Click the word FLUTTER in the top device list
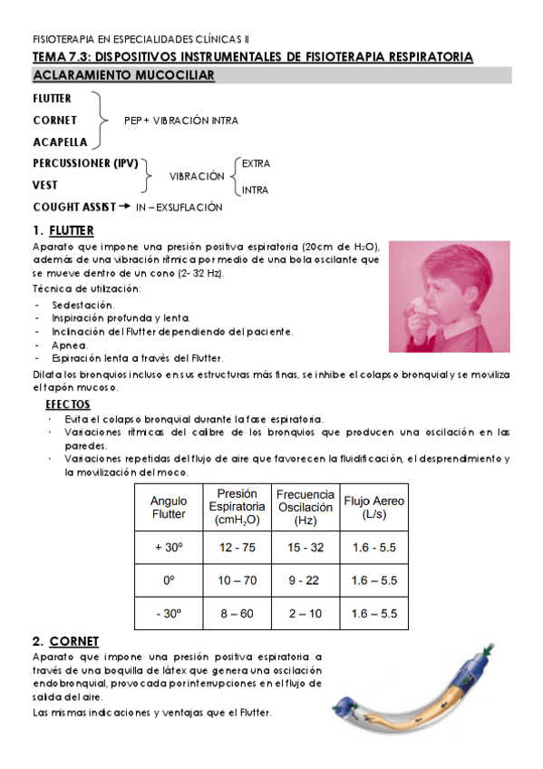pos(52,98)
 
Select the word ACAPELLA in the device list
pos(60,142)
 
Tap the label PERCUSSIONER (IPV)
pos(85,164)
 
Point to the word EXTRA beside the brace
pos(256,164)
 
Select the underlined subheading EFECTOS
pos(67,404)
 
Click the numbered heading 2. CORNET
pos(65,640)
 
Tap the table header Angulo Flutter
pos(169,507)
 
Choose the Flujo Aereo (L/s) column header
pos(374,507)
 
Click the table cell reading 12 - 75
pos(237,548)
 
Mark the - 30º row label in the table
pos(169,614)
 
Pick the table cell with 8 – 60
pos(237,614)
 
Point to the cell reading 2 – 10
pos(305,614)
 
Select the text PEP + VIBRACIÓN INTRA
pos(181,120)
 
